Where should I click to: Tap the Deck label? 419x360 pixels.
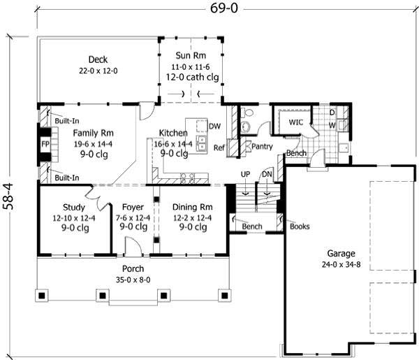point(97,59)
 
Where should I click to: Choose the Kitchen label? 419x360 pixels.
point(172,132)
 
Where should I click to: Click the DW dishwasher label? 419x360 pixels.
point(215,127)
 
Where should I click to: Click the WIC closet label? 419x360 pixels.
point(295,122)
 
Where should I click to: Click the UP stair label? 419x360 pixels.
point(244,175)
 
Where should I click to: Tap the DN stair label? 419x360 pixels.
point(266,175)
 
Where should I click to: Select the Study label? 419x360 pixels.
point(73,207)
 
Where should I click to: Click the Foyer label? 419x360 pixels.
point(133,207)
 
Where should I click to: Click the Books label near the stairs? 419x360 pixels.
point(299,226)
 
